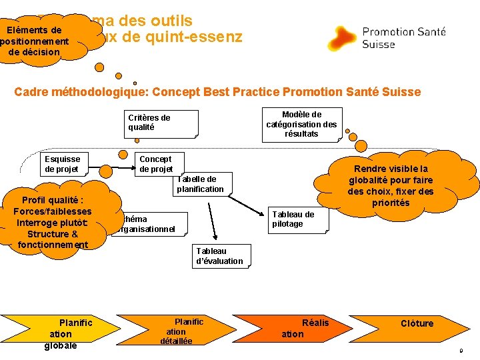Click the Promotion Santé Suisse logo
coord(387,37)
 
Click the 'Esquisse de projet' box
coord(62,164)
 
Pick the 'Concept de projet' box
coord(156,164)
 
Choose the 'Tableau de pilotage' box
coord(293,219)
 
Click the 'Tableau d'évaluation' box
coord(220,256)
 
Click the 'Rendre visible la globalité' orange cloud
coord(391,186)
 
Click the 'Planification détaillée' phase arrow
coord(179,331)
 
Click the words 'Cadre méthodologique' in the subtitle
coord(73,92)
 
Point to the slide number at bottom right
coord(460,351)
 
